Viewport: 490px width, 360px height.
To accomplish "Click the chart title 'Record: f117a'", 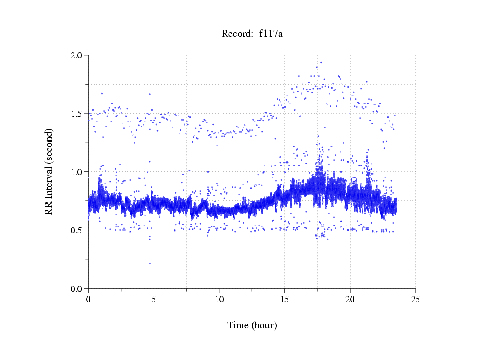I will (252, 34).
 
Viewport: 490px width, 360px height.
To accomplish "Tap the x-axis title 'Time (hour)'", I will (252, 325).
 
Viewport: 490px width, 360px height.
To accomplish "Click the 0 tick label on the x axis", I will (88, 299).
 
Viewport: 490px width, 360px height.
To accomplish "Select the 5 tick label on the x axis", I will (154, 299).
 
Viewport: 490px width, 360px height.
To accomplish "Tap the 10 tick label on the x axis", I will (219, 299).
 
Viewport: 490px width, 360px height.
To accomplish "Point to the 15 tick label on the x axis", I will (284, 299).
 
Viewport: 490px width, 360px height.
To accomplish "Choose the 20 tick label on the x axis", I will (350, 299).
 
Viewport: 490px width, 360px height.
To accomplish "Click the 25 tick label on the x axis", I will (415, 299).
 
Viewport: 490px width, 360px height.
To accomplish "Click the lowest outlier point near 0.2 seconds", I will (150, 263).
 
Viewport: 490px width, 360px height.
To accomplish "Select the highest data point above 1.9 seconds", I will (321, 62).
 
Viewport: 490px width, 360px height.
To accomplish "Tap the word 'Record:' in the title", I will (238, 34).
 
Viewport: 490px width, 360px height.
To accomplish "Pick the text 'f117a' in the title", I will (271, 34).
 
